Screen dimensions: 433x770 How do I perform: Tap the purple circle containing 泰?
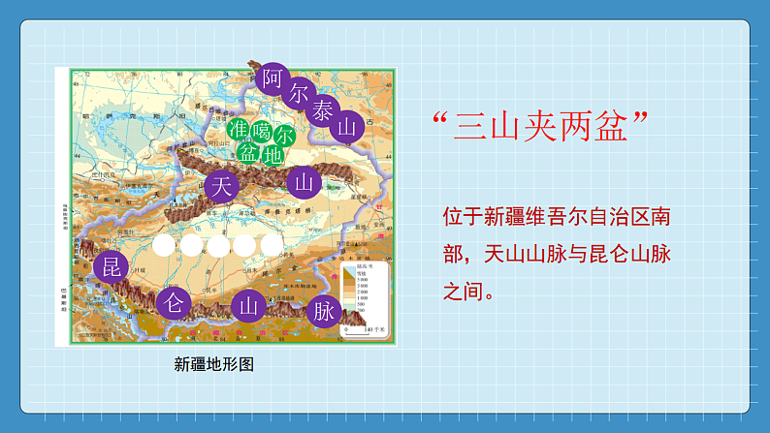click(x=323, y=111)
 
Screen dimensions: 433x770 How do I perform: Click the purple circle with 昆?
click(x=113, y=265)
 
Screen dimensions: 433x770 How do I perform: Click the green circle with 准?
click(x=237, y=130)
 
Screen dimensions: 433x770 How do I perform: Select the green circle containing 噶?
click(x=260, y=132)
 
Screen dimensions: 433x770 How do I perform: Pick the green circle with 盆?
click(x=249, y=152)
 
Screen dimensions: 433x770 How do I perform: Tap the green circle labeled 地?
click(x=273, y=153)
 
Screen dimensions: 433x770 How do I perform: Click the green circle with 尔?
click(x=284, y=134)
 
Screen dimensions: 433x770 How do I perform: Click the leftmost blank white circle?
click(x=167, y=245)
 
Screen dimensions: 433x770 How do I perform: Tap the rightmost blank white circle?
click(x=272, y=244)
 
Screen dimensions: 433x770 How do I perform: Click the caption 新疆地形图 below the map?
click(x=213, y=364)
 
